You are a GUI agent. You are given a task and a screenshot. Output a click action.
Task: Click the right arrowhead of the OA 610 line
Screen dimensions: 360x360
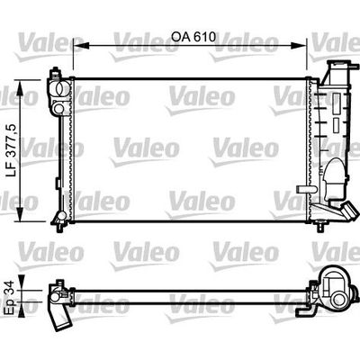point(309,46)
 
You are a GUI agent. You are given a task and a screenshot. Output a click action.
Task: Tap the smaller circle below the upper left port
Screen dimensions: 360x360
point(60,108)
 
